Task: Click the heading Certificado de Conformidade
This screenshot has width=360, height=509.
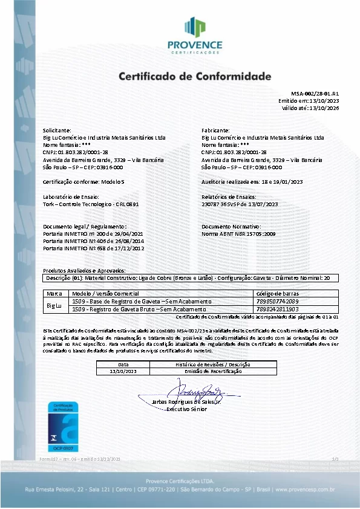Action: click(195, 77)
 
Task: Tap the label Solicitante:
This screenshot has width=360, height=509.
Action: click(57, 130)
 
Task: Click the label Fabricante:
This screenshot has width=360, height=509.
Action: click(215, 130)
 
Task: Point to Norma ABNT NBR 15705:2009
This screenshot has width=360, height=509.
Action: click(238, 233)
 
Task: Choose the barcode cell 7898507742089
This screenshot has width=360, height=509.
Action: click(278, 300)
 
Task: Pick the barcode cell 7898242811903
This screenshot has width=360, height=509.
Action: click(278, 309)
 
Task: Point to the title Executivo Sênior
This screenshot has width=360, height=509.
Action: click(186, 409)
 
